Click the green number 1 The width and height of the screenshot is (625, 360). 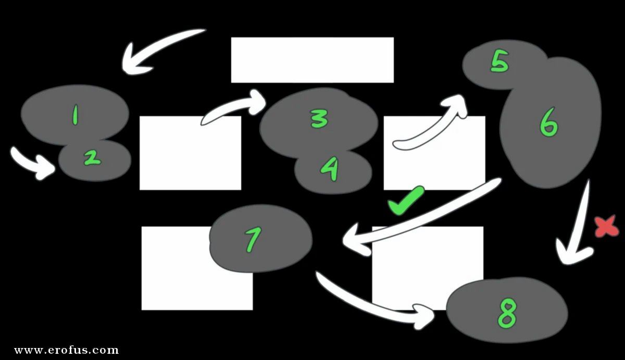point(75,115)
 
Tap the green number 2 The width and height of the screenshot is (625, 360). point(92,158)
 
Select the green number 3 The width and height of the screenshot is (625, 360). point(319,119)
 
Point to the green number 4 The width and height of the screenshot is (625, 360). point(330,169)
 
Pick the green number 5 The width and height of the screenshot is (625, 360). point(499,61)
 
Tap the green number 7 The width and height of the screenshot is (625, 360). point(253,240)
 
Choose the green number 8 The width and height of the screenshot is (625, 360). point(507,313)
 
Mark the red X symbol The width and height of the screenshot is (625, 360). point(607,227)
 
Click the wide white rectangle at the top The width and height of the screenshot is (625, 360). point(312,60)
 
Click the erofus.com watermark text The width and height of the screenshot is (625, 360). point(67,350)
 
